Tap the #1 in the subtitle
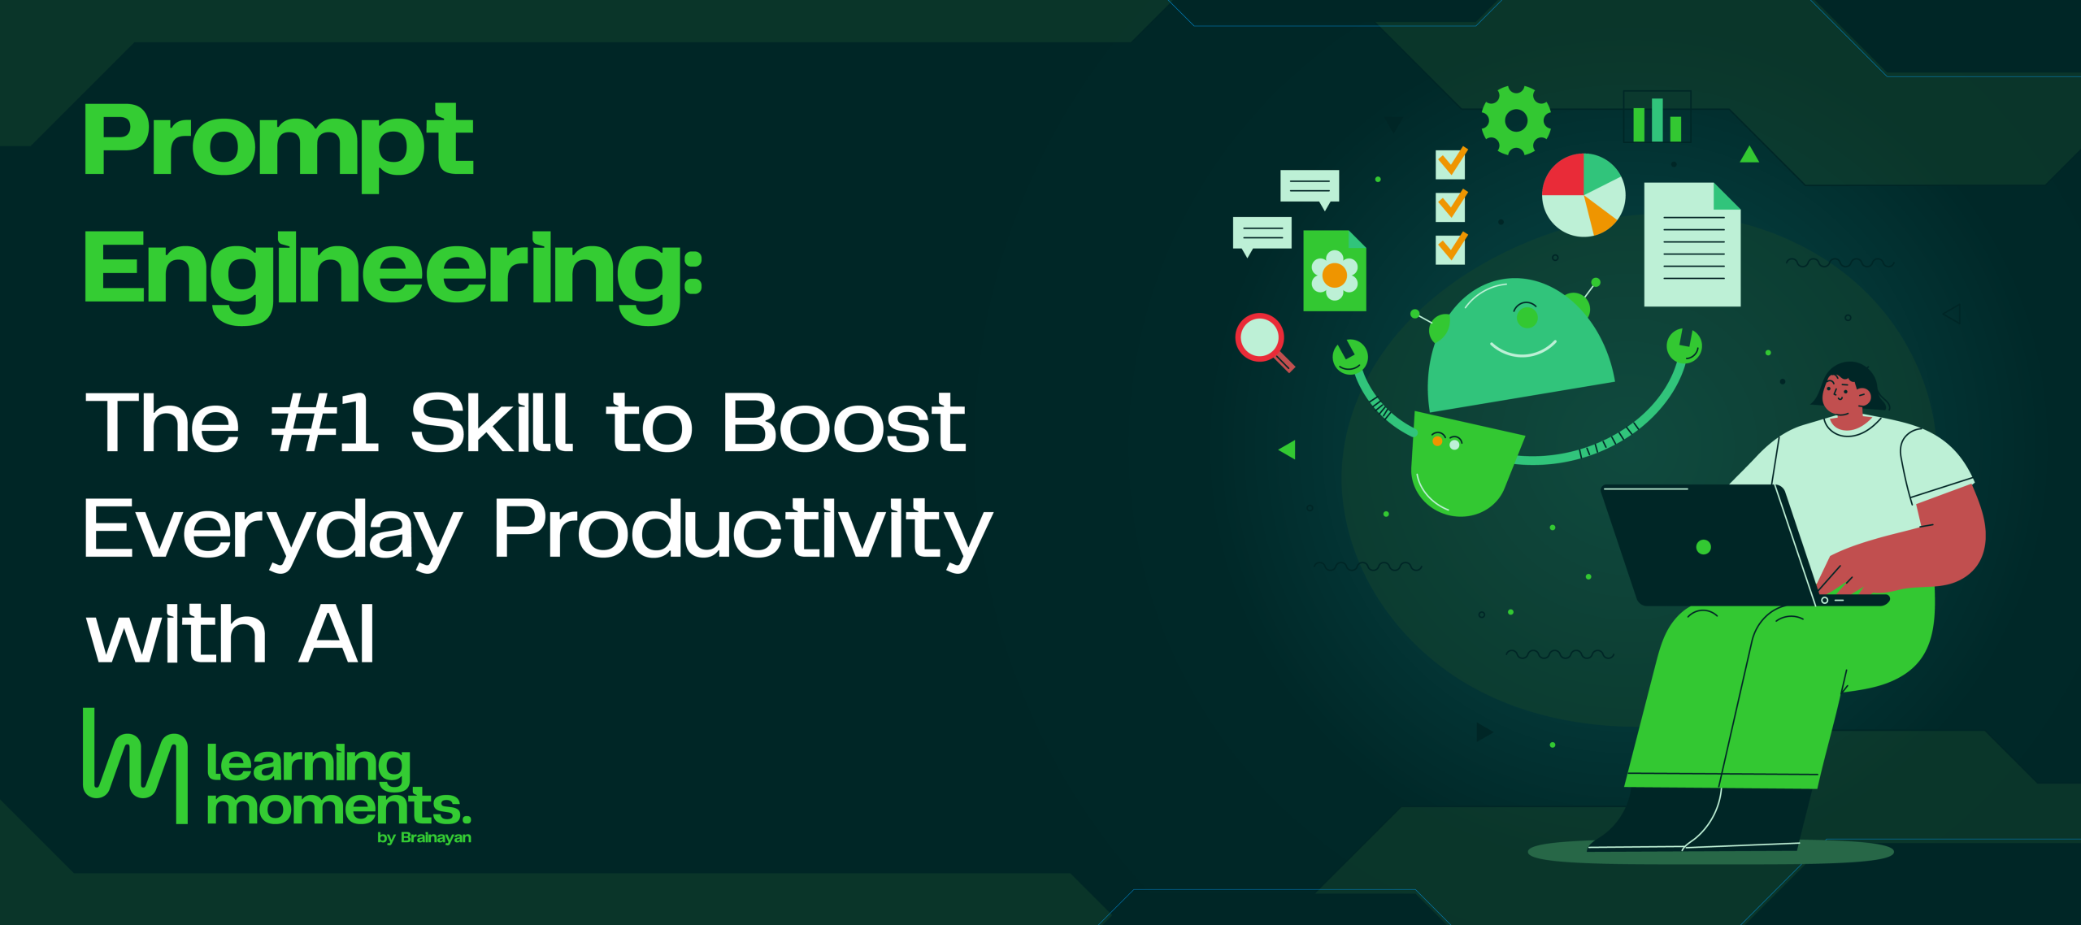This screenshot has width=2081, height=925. pyautogui.click(x=324, y=423)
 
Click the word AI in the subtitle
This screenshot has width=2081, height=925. pyautogui.click(x=337, y=634)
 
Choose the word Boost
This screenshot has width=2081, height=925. pyautogui.click(x=845, y=423)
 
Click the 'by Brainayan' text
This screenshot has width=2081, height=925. pyautogui.click(x=424, y=838)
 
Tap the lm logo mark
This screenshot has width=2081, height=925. pyautogui.click(x=136, y=766)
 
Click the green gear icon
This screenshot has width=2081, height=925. pyautogui.click(x=1516, y=120)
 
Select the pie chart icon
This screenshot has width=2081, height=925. pyautogui.click(x=1584, y=195)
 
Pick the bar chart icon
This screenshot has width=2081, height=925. pyautogui.click(x=1657, y=119)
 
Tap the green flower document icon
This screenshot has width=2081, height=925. pyautogui.click(x=1335, y=271)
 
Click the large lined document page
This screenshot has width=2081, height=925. pyautogui.click(x=1692, y=245)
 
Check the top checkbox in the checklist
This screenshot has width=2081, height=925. pyautogui.click(x=1452, y=163)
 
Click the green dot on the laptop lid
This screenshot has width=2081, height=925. pyautogui.click(x=1704, y=547)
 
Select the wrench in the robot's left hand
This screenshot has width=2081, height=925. pyautogui.click(x=1350, y=357)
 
